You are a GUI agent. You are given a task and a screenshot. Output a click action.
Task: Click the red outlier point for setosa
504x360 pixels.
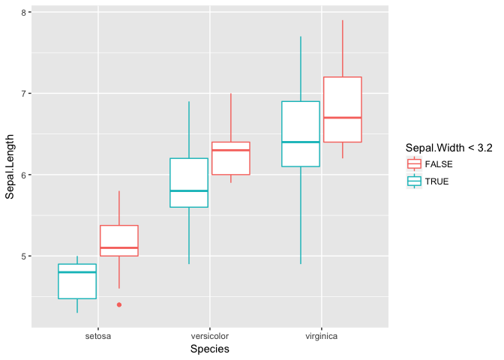[x=119, y=304]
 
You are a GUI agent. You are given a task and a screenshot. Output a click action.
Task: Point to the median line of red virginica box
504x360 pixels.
[x=343, y=118]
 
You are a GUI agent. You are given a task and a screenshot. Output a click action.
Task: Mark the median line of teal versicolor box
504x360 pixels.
[x=189, y=191]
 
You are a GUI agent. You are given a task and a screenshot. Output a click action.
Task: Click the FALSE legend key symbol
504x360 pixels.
[x=414, y=163]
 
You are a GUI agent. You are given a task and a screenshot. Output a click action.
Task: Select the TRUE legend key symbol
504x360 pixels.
[x=414, y=181]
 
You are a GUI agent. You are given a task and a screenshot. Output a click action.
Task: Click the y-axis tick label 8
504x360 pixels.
[x=25, y=13]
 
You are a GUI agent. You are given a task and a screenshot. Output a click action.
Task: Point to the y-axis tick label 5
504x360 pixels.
[x=25, y=256]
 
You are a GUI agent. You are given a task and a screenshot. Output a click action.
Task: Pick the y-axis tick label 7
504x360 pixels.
[x=25, y=94]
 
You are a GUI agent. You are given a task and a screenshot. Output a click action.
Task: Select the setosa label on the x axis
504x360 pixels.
[x=98, y=336]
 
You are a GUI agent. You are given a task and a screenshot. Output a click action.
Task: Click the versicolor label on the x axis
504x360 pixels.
[x=210, y=336]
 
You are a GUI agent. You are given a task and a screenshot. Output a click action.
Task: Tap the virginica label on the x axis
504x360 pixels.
[x=321, y=336]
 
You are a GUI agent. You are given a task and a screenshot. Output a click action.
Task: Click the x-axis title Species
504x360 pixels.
[x=210, y=349]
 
